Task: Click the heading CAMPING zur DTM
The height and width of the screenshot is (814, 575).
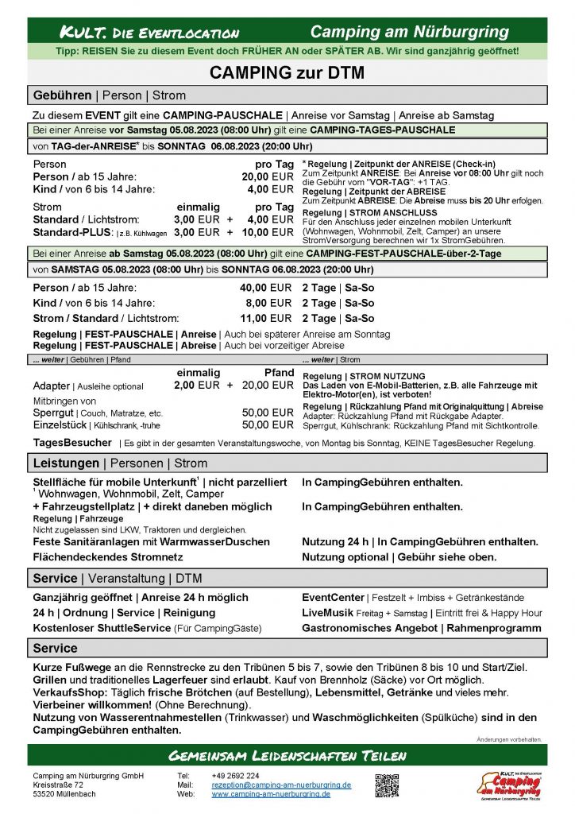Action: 287,73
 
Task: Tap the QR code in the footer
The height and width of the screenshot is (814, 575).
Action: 387,785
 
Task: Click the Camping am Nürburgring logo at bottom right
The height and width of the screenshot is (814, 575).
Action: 509,784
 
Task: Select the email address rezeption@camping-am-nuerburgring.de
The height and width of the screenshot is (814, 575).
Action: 281,785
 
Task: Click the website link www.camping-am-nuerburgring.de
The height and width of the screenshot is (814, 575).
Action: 271,793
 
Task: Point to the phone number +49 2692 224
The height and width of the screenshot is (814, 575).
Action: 235,775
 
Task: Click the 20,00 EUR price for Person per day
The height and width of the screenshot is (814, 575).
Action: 268,176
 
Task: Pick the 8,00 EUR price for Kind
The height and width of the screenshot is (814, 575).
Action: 269,303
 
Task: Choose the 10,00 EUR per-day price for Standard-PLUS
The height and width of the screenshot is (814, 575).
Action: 268,232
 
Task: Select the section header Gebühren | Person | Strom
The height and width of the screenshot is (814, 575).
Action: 110,95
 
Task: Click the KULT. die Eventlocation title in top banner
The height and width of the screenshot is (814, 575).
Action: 149,33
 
